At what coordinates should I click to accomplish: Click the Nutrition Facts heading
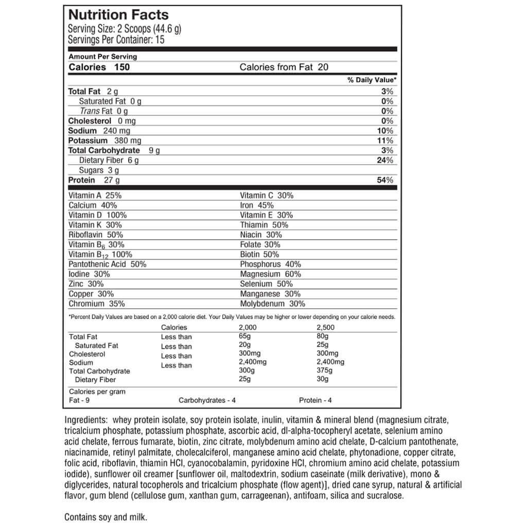[118, 15]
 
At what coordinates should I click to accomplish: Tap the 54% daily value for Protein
[385, 180]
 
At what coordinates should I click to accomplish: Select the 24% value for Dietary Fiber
[385, 160]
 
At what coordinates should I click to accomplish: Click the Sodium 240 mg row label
[99, 131]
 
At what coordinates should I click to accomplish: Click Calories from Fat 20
[284, 67]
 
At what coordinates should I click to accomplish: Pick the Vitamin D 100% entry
[97, 215]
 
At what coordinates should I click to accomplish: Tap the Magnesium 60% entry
[271, 274]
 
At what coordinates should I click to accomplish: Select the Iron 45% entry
[257, 205]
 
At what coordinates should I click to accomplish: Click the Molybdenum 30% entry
[273, 304]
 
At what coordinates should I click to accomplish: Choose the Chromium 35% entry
[97, 304]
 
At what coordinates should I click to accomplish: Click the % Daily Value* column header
[372, 80]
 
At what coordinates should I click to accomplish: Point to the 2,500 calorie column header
[325, 327]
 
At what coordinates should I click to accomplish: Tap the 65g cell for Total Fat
[245, 337]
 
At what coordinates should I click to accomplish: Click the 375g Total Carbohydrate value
[324, 371]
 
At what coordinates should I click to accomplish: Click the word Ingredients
[86, 419]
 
